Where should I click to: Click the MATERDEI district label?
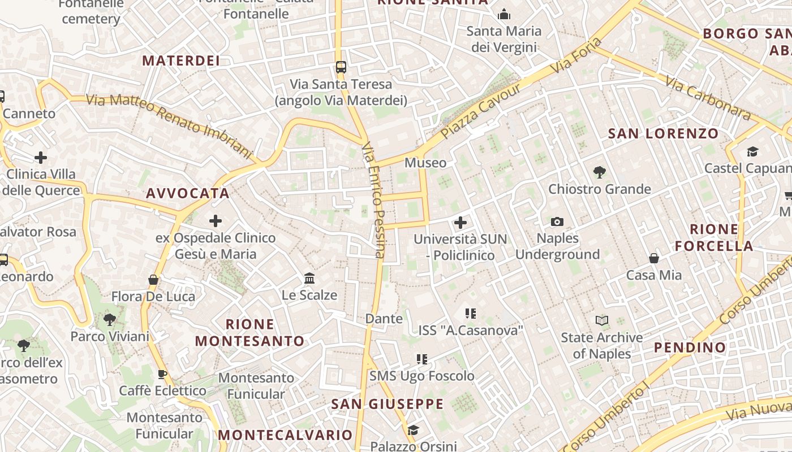(180, 60)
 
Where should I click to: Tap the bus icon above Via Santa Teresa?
(341, 67)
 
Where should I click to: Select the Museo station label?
(425, 163)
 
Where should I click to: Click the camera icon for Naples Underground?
(557, 221)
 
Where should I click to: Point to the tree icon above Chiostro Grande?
(600, 172)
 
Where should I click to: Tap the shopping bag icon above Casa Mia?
(654, 258)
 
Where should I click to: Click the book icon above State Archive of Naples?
(602, 321)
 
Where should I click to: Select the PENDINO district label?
(690, 347)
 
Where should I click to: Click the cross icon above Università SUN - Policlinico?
(460, 223)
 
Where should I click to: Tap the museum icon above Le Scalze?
(309, 278)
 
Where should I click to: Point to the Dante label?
(384, 319)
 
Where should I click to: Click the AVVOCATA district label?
(188, 193)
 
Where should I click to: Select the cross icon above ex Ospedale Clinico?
(216, 221)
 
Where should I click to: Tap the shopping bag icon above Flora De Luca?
(153, 280)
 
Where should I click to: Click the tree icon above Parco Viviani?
(110, 320)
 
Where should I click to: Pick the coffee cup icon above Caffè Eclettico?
(162, 374)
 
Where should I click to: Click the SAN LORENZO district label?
(663, 134)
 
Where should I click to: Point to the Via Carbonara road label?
(708, 98)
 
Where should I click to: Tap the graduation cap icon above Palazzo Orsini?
(413, 430)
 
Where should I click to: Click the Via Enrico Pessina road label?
(374, 201)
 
